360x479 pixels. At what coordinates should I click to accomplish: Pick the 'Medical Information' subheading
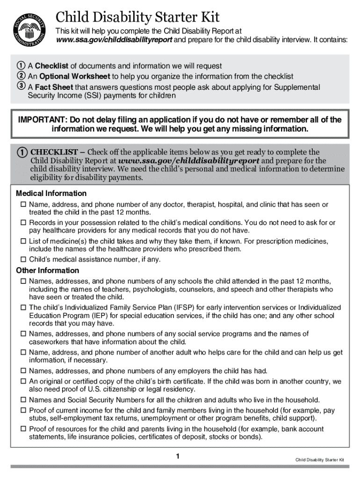click(51, 193)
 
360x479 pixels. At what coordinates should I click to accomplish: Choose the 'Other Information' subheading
click(47, 270)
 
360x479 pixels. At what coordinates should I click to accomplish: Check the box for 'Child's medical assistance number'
click(22, 259)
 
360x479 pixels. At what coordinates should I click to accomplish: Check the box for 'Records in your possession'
click(22, 223)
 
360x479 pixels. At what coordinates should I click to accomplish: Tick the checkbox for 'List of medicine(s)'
click(22, 241)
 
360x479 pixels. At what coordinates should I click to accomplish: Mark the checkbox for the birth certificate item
click(22, 382)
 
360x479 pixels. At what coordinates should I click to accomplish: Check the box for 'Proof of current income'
click(22, 410)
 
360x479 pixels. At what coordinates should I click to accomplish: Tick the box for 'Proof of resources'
click(22, 429)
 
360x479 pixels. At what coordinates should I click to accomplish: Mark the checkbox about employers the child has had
click(22, 371)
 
